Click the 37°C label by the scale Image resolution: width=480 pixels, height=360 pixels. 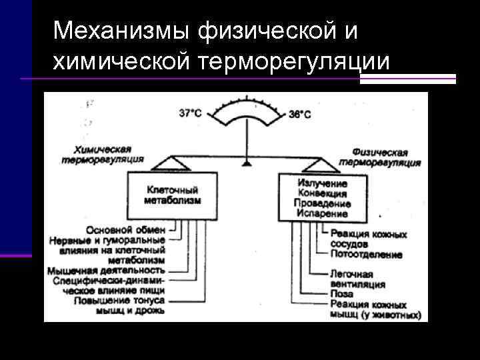pyautogui.click(x=190, y=113)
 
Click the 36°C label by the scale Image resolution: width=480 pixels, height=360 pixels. pyautogui.click(x=299, y=114)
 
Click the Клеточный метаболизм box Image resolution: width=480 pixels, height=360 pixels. pyautogui.click(x=171, y=194)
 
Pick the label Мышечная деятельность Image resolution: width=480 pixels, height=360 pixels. pyautogui.click(x=106, y=270)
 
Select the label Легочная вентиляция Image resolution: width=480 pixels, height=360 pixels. pyautogui.click(x=357, y=279)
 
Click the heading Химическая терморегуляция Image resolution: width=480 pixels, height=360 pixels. pyautogui.click(x=103, y=155)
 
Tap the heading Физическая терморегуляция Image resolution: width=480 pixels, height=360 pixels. pyautogui.click(x=379, y=157)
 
